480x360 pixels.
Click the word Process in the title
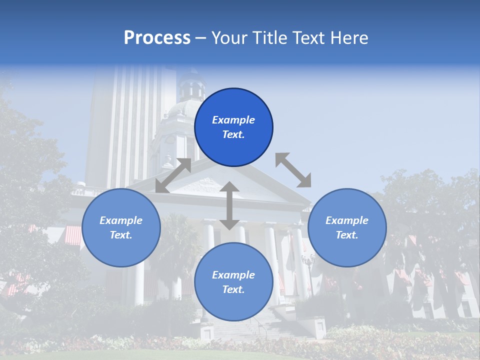click(x=157, y=38)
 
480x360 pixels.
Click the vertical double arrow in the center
click(x=229, y=205)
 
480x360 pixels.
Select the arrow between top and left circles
click(x=173, y=175)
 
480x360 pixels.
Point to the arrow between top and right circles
click(x=293, y=170)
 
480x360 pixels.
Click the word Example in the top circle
click(x=233, y=120)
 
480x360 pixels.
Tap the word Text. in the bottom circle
click(x=233, y=289)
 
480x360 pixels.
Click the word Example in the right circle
click(x=347, y=220)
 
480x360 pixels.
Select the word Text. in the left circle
click(x=121, y=235)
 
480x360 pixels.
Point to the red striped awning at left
click(x=73, y=235)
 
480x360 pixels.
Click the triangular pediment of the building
click(x=220, y=185)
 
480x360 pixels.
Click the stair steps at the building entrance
click(x=235, y=330)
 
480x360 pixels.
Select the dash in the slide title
click(x=200, y=38)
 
